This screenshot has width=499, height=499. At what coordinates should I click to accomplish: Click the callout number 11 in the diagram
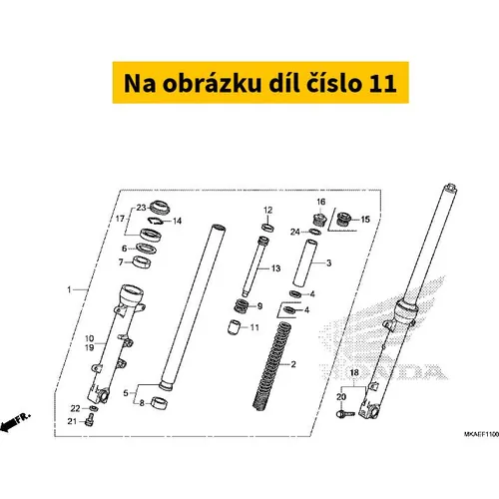coord(254,327)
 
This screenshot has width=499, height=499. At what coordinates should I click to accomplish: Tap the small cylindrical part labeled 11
coord(234,326)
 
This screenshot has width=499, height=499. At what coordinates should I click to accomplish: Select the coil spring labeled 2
coord(271,366)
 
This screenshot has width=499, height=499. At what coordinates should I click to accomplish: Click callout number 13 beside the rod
coord(276,268)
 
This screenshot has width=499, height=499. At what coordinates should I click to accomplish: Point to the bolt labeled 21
coord(89,421)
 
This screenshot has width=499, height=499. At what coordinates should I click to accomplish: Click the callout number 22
coord(75,408)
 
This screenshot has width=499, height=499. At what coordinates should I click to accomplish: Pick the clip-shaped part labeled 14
coord(155,221)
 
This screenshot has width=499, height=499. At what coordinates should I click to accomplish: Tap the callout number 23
coord(141,208)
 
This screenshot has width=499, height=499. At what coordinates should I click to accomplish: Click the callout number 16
coord(321,202)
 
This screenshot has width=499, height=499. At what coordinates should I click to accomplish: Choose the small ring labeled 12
coord(267,228)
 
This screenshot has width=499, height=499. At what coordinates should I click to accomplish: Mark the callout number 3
coord(328,263)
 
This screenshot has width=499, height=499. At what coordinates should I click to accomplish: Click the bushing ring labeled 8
coord(160,403)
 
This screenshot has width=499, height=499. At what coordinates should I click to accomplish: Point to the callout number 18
coord(354,372)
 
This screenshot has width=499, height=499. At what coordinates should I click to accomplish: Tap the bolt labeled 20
coord(345,414)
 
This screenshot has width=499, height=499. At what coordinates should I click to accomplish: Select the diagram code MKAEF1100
coord(481,434)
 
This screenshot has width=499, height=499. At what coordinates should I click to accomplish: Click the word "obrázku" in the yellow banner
coord(212,83)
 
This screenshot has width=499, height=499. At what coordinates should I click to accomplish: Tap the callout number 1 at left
coord(69,289)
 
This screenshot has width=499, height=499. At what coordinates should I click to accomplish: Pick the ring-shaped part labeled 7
coord(143,261)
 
